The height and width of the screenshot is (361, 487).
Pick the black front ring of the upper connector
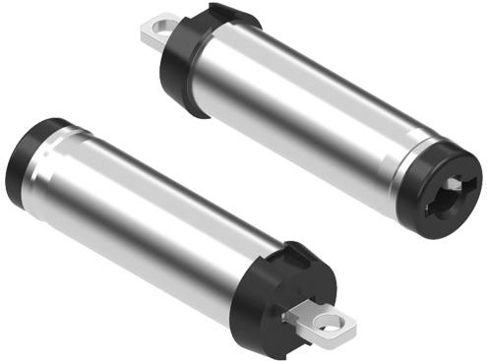[x=448, y=182]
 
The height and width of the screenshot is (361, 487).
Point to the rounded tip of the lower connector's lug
[x=351, y=323]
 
